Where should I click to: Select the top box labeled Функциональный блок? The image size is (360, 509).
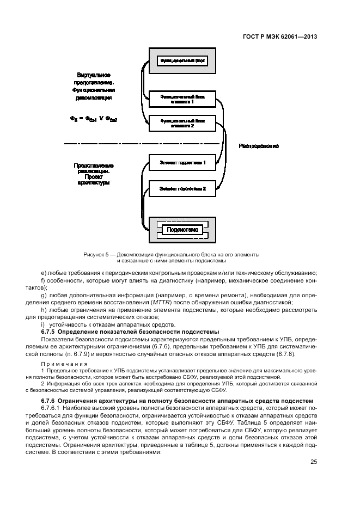[x=182, y=61]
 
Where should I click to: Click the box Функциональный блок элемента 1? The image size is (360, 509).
[x=182, y=99]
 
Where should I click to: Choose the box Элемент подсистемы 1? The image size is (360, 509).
[x=182, y=163]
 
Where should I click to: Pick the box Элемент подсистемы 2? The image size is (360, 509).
[x=182, y=189]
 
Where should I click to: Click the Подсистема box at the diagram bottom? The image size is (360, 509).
[x=182, y=230]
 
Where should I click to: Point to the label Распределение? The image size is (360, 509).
[x=259, y=146]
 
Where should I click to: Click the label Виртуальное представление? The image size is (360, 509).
[x=94, y=77]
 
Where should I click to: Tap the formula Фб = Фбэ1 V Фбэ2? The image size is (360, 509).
[x=94, y=119]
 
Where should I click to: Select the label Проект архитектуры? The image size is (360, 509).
[x=94, y=180]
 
